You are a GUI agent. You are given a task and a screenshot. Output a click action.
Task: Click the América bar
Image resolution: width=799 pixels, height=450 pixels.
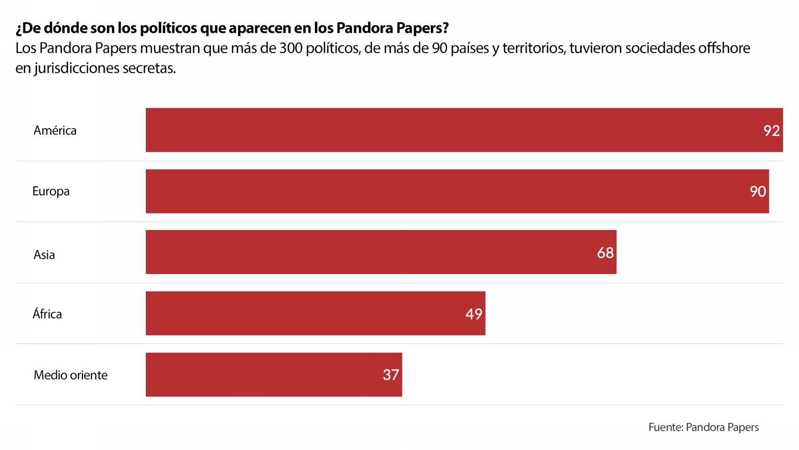tap(463, 130)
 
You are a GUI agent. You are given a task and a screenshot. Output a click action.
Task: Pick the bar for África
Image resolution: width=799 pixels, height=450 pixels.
tap(315, 313)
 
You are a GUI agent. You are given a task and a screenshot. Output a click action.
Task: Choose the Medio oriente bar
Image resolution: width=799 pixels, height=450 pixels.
tap(274, 375)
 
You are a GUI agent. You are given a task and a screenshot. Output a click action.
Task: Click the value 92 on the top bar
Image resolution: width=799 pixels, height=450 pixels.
tap(771, 131)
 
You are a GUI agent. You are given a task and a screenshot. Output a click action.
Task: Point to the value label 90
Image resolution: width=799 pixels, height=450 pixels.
tap(758, 192)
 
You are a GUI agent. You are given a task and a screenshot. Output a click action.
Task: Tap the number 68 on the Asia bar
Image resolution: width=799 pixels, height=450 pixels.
tap(605, 253)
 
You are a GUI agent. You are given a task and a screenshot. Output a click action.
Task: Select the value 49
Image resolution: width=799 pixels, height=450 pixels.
tap(474, 314)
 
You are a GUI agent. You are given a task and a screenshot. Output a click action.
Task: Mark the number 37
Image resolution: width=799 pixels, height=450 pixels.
tap(391, 375)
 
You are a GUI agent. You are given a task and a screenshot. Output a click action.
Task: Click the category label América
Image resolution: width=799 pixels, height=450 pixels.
tap(55, 130)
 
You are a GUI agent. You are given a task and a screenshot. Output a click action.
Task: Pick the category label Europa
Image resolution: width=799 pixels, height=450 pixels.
tap(51, 191)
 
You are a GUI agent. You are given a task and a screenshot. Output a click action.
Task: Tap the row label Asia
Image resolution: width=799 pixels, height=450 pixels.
tap(44, 254)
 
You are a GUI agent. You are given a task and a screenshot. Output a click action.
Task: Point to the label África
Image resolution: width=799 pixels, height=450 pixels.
tap(47, 314)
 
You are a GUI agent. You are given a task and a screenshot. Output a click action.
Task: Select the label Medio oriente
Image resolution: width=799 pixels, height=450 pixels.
tap(71, 375)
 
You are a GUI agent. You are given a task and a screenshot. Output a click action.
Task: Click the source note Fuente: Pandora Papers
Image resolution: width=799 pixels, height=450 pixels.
tap(703, 427)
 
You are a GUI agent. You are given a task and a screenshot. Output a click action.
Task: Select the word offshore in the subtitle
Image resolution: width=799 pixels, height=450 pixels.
tap(723, 48)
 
